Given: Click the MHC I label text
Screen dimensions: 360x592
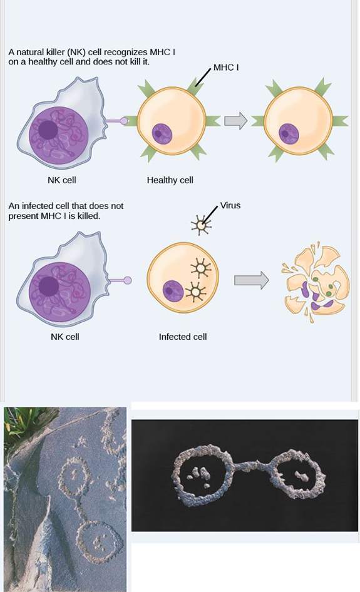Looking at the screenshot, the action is [226, 68].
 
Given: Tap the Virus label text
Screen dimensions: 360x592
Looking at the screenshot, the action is [230, 205].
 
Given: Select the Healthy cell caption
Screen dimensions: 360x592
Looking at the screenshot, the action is [170, 180].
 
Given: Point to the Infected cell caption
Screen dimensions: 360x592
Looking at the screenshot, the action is [183, 337].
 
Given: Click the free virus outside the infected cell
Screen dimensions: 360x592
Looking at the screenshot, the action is [201, 225].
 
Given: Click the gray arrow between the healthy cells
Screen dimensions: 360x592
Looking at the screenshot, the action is [235, 121].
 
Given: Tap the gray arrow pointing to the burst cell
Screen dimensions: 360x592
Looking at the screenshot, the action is [252, 280].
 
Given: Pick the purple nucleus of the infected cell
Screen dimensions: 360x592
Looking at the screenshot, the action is [173, 292].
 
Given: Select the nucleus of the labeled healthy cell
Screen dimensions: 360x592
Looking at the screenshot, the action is [162, 134].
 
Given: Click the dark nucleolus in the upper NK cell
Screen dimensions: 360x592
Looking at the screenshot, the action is [48, 130].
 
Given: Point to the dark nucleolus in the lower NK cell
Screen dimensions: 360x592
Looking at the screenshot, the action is [49, 286].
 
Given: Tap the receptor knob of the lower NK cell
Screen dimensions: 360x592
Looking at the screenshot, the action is [128, 280].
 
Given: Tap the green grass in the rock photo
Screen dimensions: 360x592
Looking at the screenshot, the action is [23, 423].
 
